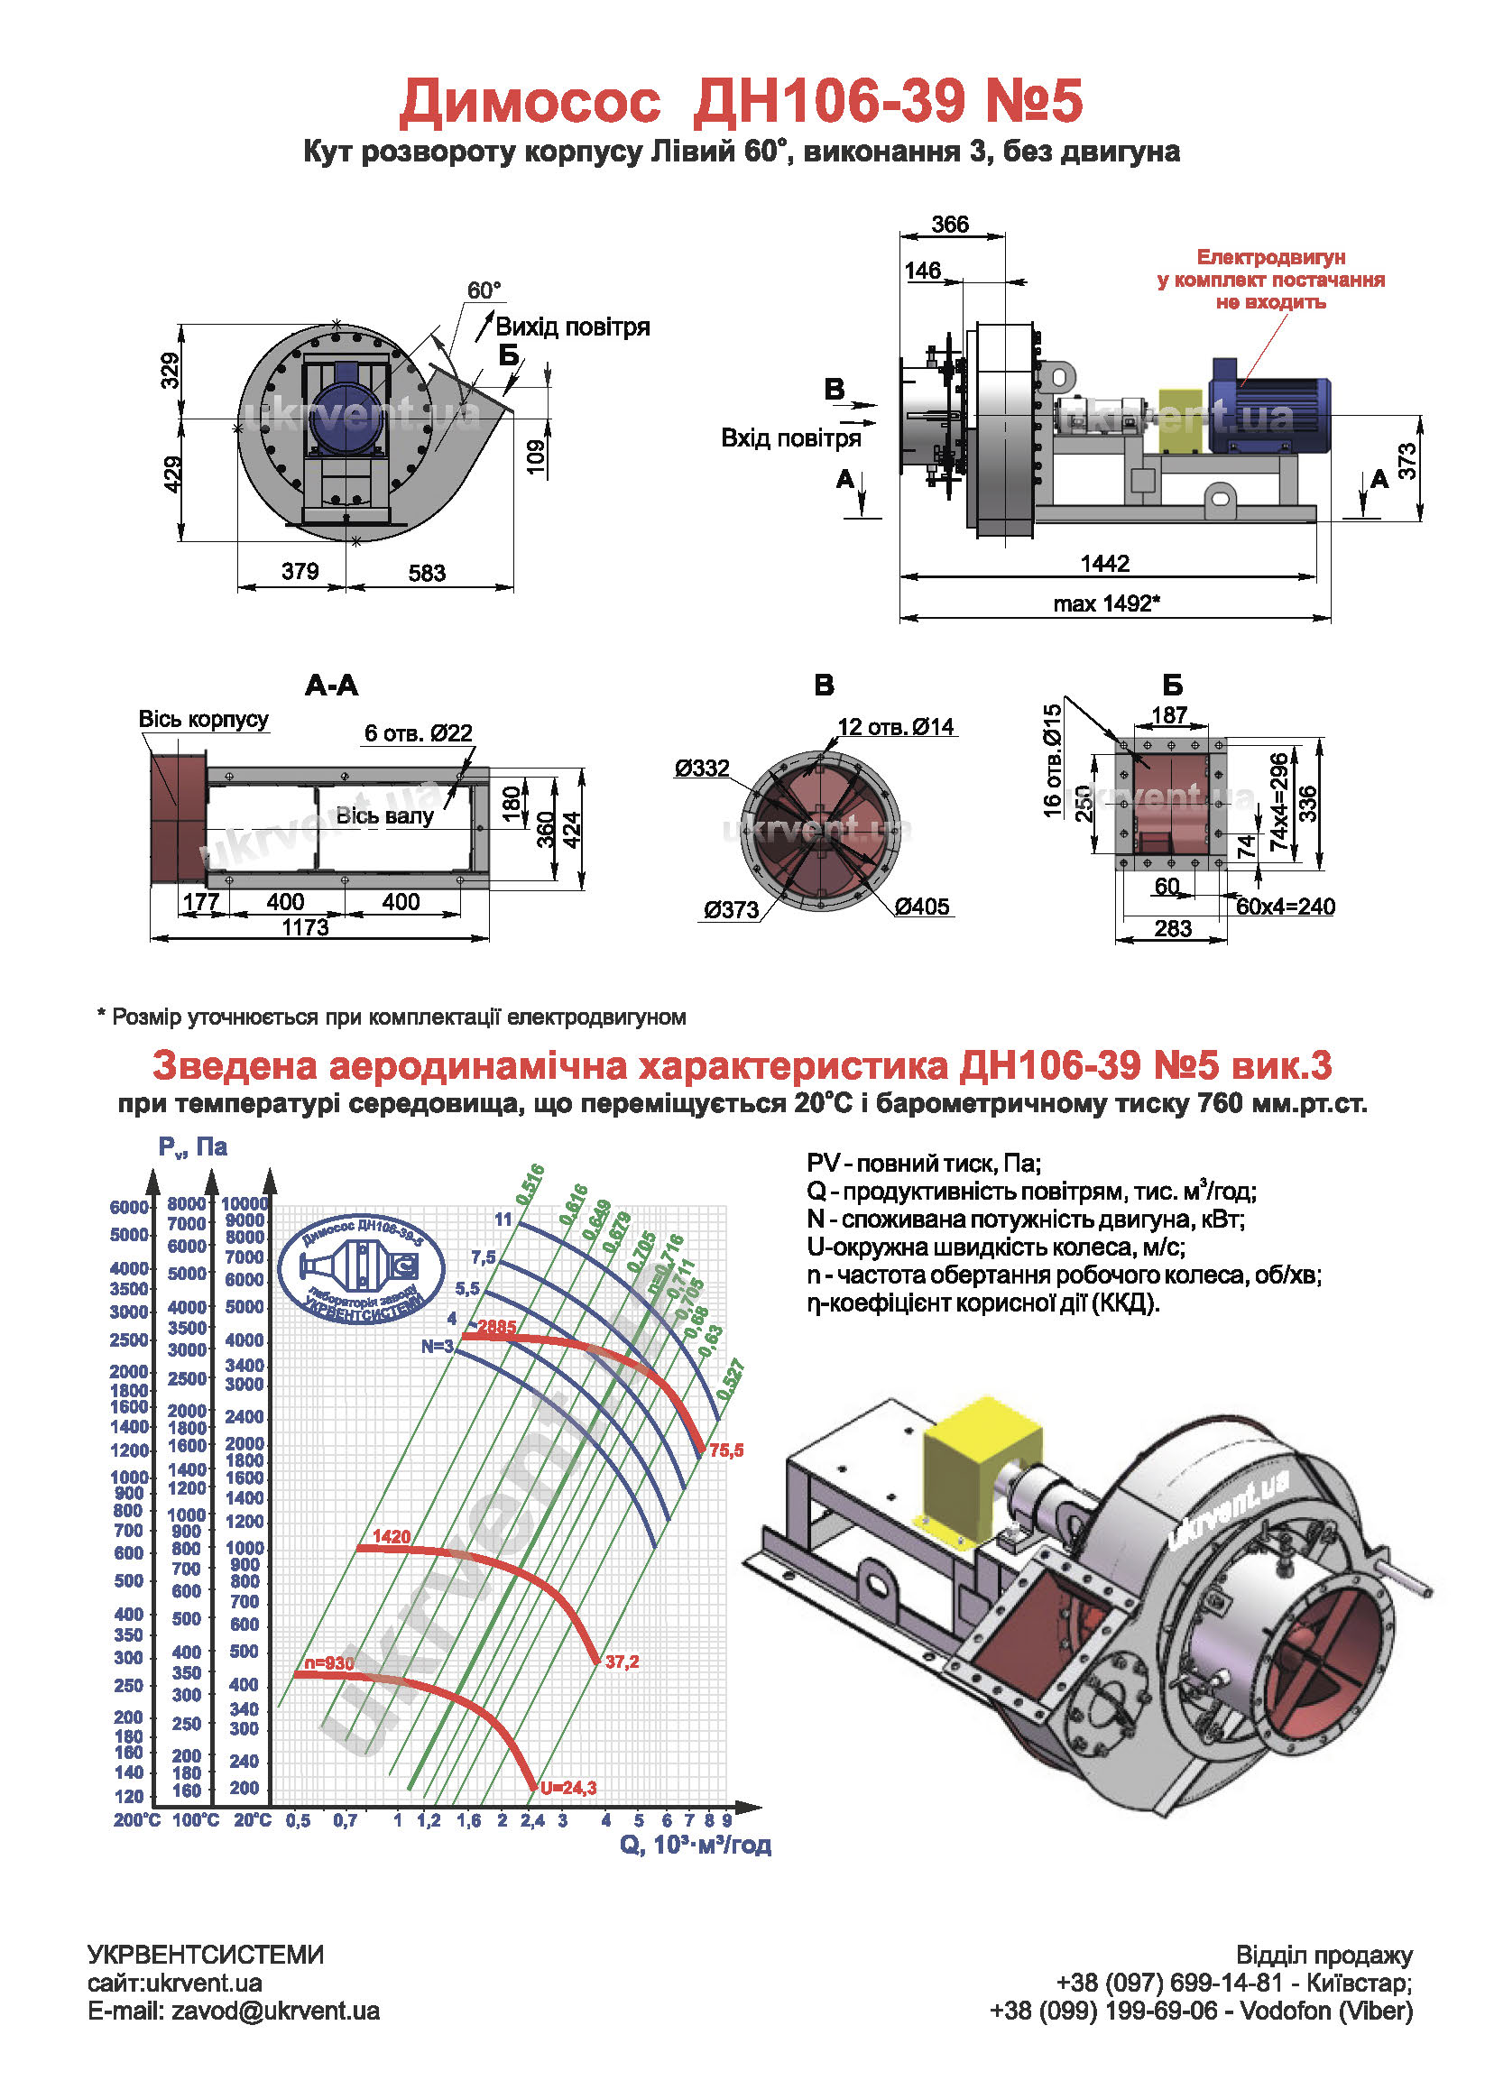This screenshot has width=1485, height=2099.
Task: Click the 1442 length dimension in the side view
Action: (x=1104, y=563)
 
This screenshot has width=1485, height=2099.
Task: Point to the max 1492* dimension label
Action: (x=1106, y=603)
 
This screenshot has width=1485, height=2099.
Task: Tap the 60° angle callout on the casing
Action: (x=484, y=290)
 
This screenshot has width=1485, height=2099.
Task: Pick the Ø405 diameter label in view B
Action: (x=922, y=907)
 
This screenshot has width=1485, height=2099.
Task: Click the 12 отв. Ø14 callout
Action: (x=895, y=727)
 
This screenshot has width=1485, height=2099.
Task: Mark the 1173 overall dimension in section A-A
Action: (x=305, y=927)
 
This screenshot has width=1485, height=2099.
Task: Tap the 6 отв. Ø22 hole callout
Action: (x=418, y=733)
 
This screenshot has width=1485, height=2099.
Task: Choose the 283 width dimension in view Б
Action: (x=1172, y=929)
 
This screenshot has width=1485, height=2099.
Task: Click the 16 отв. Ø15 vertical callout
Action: (x=1053, y=760)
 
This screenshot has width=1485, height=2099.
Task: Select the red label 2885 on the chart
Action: (x=496, y=1327)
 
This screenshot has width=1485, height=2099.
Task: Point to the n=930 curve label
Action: (x=328, y=1663)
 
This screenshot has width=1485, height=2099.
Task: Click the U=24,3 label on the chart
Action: (x=567, y=1787)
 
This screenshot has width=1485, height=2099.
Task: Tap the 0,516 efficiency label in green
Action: (x=530, y=1183)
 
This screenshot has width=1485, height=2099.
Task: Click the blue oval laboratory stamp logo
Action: (x=361, y=1268)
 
